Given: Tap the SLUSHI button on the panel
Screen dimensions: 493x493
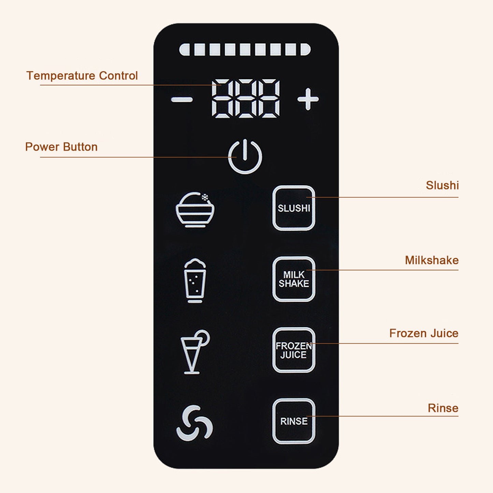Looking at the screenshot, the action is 293,208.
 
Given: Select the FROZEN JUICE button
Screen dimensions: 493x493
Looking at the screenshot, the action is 293,350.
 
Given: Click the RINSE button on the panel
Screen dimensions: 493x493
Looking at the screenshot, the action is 293,421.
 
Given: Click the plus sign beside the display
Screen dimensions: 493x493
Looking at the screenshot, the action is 308,99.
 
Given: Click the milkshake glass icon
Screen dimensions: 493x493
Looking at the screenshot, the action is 195,280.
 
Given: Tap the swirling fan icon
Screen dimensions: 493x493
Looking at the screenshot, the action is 194,423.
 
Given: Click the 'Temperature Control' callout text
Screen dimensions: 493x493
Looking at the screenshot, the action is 82,76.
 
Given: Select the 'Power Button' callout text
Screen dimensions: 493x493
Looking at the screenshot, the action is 61,147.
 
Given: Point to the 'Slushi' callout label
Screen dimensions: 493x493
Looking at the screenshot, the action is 442,185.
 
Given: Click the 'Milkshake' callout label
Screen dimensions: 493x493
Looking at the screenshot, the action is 432,260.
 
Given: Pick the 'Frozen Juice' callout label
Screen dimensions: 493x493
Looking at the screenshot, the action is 424,333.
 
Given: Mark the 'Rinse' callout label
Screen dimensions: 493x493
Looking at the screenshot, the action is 443,408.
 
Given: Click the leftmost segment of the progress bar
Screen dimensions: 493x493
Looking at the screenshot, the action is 185,49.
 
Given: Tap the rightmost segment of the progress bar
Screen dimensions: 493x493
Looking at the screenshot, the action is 305,49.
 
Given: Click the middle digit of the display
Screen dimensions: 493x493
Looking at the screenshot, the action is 245,99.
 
